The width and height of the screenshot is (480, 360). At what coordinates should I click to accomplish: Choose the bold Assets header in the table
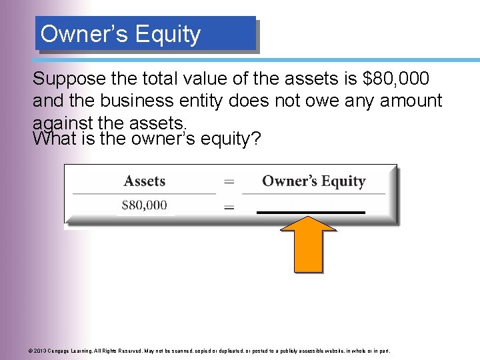point(145,181)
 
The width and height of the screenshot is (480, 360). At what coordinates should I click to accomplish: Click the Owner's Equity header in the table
point(313,181)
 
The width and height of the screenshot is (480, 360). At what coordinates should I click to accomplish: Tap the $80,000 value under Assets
point(144,205)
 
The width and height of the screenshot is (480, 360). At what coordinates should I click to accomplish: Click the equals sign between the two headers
point(229,181)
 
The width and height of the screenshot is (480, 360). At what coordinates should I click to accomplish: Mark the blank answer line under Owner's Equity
point(311,211)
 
